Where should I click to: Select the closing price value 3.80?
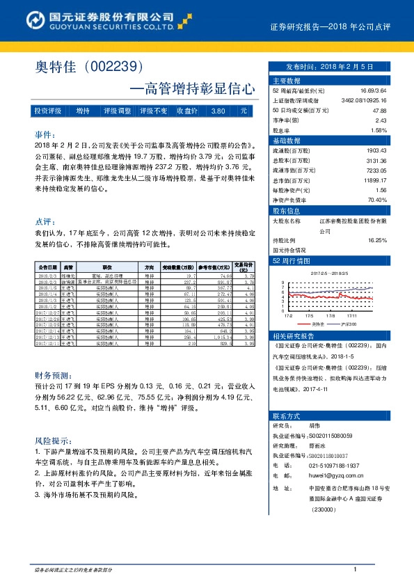pos(217,111)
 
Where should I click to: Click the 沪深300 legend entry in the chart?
pos(351,324)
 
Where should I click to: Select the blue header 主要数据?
pos(286,81)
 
